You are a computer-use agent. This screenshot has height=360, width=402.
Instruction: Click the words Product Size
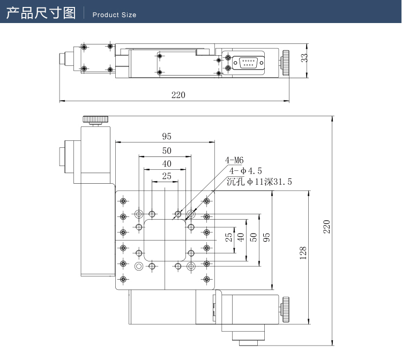pos(114,15)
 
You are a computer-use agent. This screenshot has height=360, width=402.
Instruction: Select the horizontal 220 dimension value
pos(178,95)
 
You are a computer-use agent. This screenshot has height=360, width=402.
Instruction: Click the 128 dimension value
pos(303,253)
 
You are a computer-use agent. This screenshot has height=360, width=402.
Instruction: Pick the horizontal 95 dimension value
pos(166,136)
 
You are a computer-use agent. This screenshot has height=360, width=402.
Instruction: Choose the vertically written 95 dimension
pos(266,236)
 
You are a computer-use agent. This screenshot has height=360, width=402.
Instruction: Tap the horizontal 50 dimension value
pos(166,151)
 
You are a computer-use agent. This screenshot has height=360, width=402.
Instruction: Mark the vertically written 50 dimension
pos(254,236)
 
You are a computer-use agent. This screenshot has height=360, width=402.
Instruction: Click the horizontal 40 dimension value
pos(166,163)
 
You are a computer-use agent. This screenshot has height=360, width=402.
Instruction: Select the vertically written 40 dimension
pos(241,236)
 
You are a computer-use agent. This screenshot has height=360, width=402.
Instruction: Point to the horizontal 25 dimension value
pos(166,176)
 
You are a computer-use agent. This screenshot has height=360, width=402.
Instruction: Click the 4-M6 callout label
pos(234,160)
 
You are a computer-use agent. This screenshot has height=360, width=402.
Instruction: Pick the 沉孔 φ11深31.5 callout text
pos(259,182)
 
